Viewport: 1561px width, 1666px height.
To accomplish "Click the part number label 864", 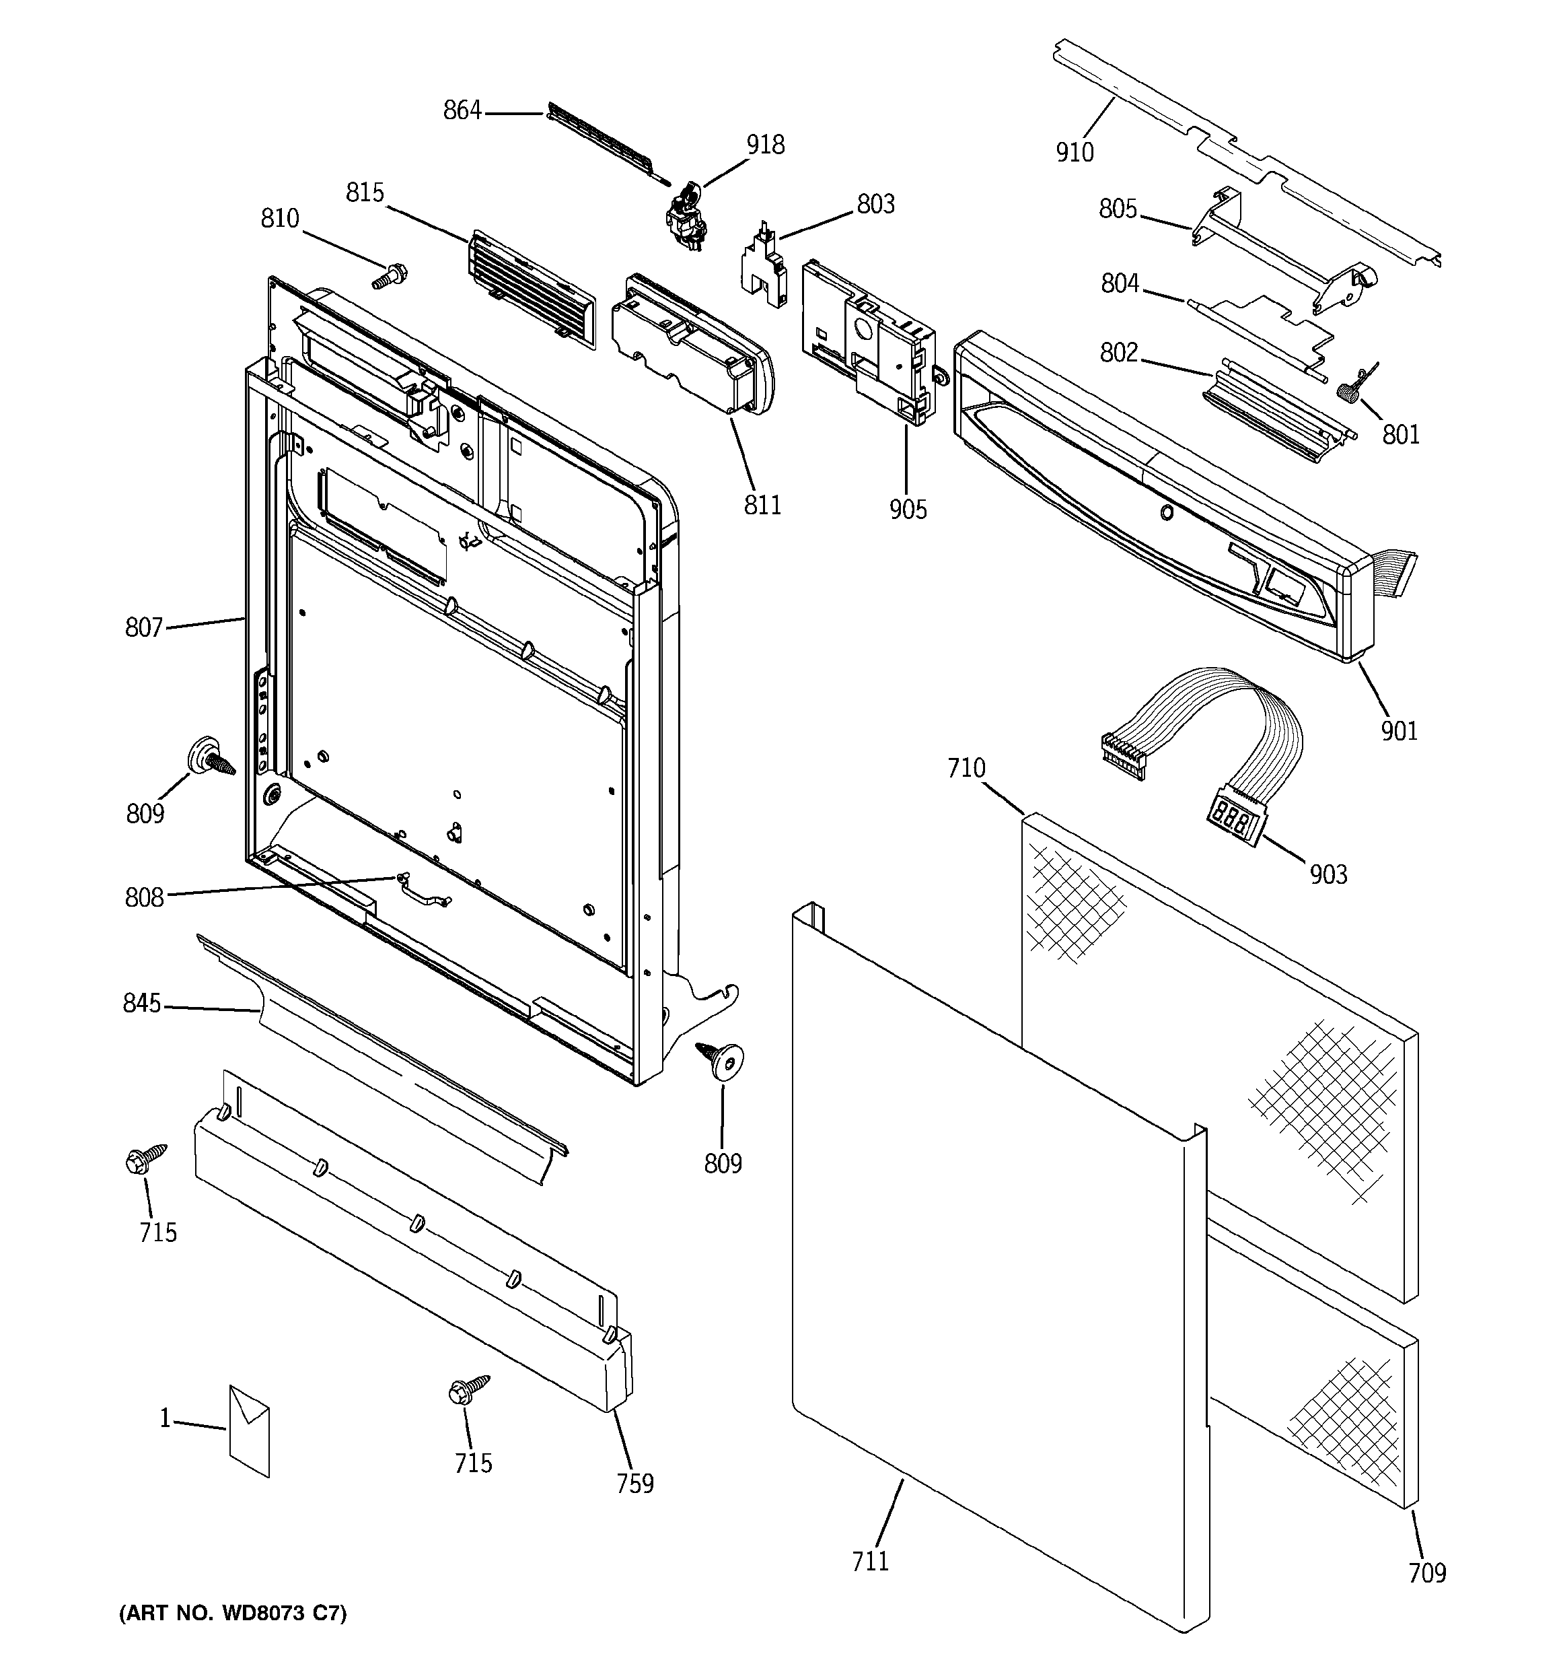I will click(462, 110).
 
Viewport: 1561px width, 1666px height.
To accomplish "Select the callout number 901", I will click(1398, 731).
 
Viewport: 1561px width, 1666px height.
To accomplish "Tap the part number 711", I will click(870, 1560).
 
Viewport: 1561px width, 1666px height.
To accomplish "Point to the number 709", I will click(1427, 1573).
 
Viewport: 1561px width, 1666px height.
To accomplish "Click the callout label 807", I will click(143, 627).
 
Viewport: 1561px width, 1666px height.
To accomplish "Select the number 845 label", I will click(141, 1002).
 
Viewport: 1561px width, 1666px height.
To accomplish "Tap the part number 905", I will click(908, 509).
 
